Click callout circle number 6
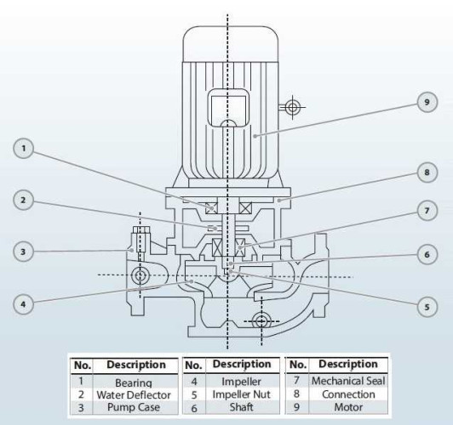click(x=428, y=254)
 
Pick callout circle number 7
click(x=428, y=209)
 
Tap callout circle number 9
click(x=428, y=102)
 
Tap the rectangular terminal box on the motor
click(x=226, y=111)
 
